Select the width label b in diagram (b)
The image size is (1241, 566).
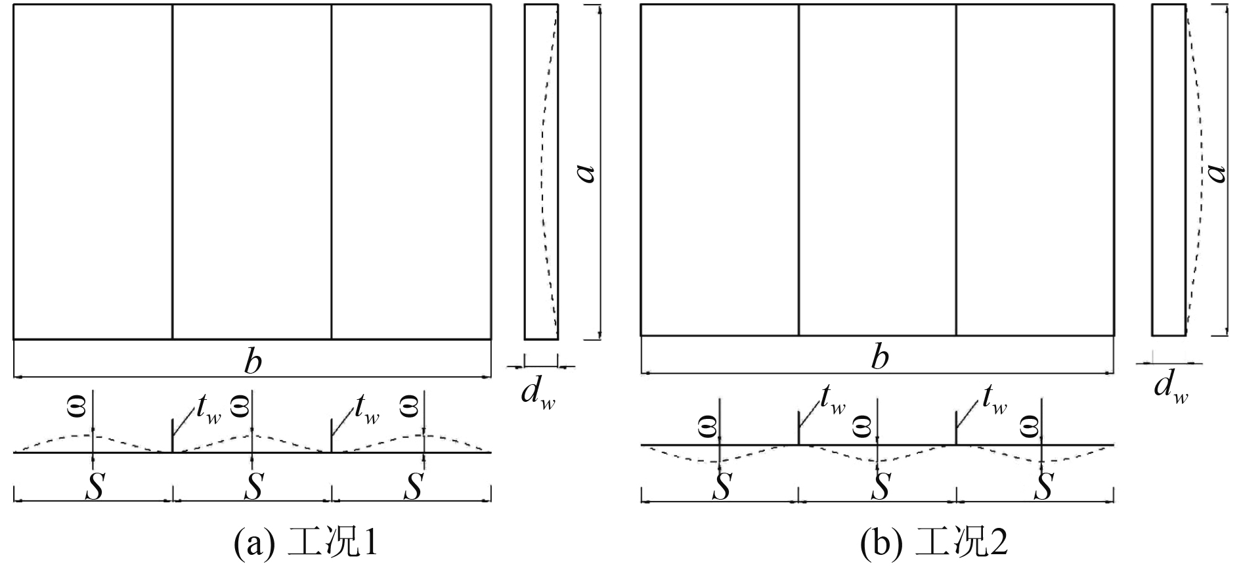[x=879, y=358]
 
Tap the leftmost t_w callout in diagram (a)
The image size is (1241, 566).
[x=207, y=412]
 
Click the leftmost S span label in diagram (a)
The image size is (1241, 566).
[x=95, y=487]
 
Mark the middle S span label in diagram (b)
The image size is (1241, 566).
[x=882, y=487]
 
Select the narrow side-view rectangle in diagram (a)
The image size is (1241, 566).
[x=541, y=172]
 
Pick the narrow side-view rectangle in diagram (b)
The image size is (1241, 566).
[x=1169, y=170]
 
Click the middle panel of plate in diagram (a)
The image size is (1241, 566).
[x=252, y=172]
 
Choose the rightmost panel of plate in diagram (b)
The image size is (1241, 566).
[x=1035, y=170]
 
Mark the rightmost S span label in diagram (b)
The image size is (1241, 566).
[x=1043, y=487]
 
